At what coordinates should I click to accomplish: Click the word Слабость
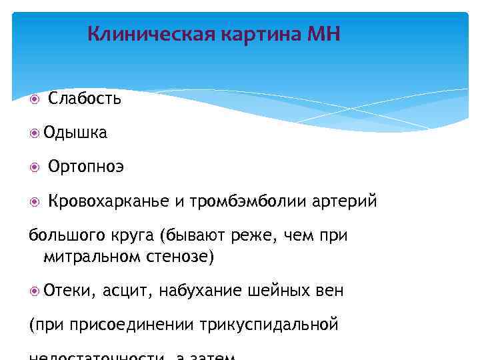[x=85, y=99]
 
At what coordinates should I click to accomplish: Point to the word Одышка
[x=75, y=133]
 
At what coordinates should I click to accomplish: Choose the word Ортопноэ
[x=86, y=167]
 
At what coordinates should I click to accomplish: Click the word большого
[x=61, y=236]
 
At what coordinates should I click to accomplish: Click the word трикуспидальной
[x=269, y=325]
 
